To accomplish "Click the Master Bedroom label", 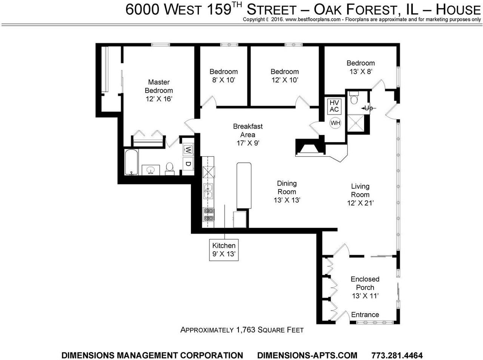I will (x=159, y=86).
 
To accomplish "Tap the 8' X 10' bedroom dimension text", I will (x=223, y=80).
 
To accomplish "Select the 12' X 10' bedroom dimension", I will (x=285, y=80).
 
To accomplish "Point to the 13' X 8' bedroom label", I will (x=361, y=67).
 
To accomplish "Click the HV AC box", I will (x=334, y=106).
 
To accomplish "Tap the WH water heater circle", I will (x=335, y=123).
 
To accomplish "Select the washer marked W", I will (x=188, y=150).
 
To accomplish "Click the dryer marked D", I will (x=188, y=164).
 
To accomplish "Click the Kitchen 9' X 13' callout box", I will (x=224, y=250).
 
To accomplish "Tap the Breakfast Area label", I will (x=248, y=131).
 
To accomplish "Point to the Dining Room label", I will (x=287, y=188).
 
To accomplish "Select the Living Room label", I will (x=360, y=191).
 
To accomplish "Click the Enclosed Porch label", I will (x=365, y=283).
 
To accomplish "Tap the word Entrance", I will (x=365, y=315).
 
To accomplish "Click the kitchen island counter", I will (x=244, y=185).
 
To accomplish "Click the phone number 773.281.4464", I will (x=397, y=355).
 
